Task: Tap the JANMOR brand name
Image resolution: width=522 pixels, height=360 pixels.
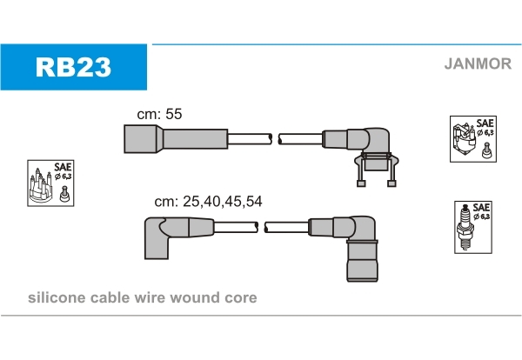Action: pos(476,63)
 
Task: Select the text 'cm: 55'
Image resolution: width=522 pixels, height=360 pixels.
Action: pos(159,114)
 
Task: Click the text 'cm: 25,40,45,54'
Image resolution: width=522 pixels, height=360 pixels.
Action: pos(208,201)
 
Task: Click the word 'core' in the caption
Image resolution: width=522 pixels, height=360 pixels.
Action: pos(241,298)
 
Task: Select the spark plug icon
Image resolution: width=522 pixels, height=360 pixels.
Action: pos(465,229)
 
